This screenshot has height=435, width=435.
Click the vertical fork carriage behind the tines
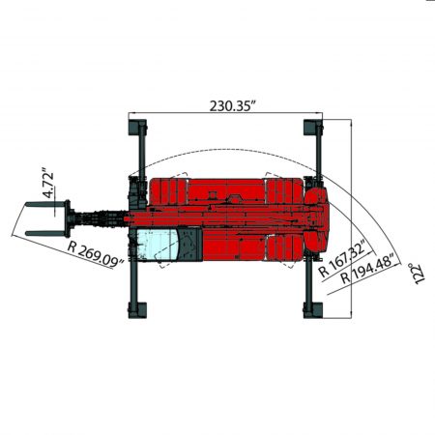click(x=68, y=217)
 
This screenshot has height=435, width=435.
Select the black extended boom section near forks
click(x=97, y=218)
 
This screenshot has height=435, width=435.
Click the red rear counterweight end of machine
click(x=325, y=217)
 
